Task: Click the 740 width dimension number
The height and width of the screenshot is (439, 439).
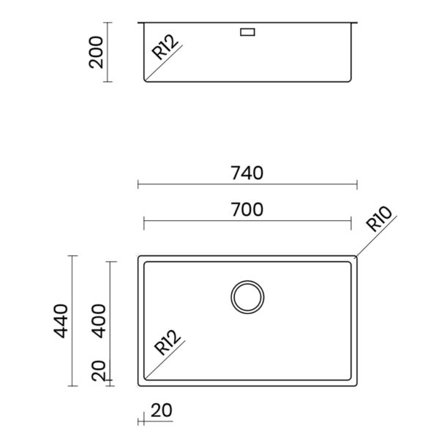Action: [x=247, y=173]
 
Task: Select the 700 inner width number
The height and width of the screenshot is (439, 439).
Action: [x=247, y=209]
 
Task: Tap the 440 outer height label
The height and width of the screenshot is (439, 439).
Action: [x=61, y=321]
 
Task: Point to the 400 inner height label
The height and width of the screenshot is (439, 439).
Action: [x=99, y=321]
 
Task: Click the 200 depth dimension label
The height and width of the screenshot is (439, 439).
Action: [x=96, y=53]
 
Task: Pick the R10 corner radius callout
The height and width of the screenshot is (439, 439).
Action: [x=379, y=219]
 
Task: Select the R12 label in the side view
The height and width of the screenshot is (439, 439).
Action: [x=165, y=47]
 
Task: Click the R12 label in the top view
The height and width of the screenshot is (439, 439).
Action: [x=167, y=342]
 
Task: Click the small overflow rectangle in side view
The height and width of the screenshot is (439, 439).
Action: [x=247, y=32]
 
